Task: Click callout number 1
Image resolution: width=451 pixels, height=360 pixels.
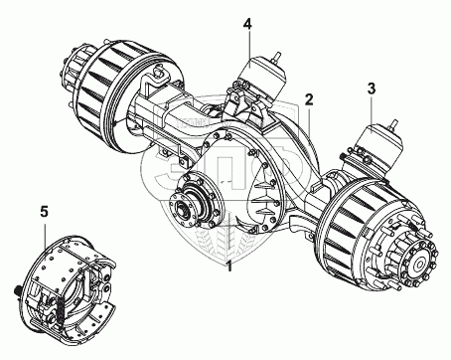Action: (x=228, y=266)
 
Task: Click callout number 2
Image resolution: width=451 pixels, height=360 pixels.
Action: (x=309, y=99)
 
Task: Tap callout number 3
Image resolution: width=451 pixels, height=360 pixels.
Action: (x=372, y=89)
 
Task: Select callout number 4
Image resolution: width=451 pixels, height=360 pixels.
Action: (x=247, y=24)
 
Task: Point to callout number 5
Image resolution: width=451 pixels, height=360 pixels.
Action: (x=44, y=211)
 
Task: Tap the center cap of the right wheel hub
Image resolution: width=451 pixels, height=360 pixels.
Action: (x=420, y=265)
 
